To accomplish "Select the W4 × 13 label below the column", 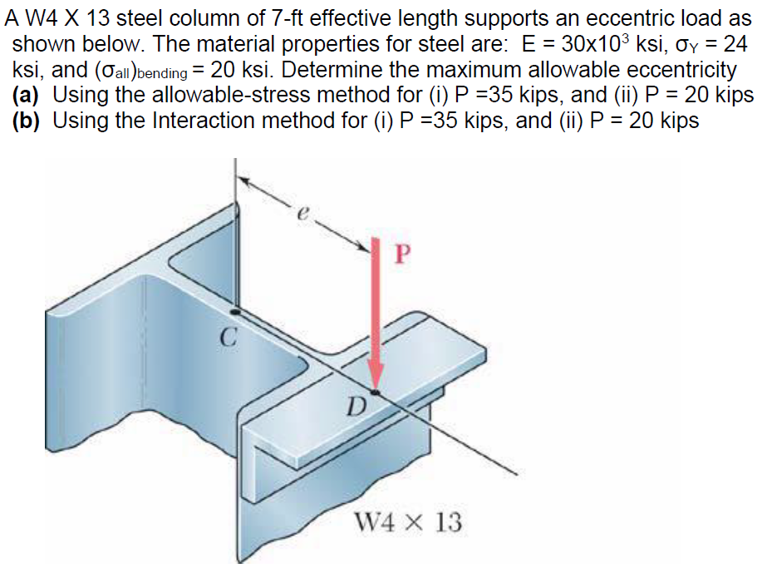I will (407, 523).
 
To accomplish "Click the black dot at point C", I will (237, 311).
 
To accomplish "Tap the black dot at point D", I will (376, 392).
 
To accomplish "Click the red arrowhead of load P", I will (376, 378).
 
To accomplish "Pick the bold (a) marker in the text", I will (30, 96).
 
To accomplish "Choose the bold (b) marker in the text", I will (30, 121).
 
